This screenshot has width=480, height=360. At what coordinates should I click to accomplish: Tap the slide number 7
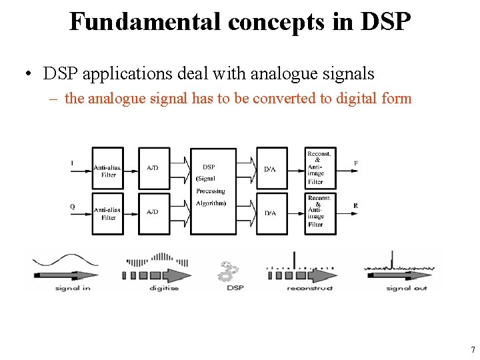point(472,350)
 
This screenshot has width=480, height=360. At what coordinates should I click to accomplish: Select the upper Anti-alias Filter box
point(107,168)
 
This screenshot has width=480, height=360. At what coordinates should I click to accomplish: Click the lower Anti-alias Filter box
point(107,213)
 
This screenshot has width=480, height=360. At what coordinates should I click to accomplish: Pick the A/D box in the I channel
point(154,168)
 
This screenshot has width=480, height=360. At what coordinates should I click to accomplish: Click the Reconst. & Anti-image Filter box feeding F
point(320,168)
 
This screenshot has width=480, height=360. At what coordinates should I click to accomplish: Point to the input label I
point(72,163)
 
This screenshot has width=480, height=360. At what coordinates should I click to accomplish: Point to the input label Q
point(72,207)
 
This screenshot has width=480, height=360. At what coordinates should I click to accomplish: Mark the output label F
point(355,163)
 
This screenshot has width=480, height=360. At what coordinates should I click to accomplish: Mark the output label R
point(355,206)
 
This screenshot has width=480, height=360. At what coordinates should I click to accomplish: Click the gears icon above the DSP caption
point(229,271)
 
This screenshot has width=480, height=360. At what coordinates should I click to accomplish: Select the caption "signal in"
point(73,288)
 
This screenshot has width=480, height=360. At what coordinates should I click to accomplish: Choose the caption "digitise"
point(163,288)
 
